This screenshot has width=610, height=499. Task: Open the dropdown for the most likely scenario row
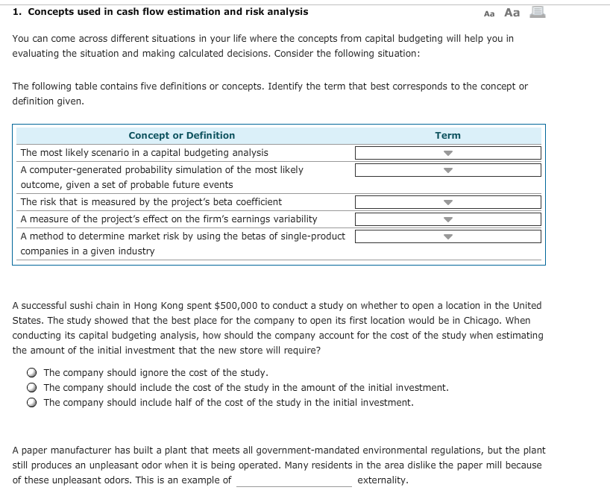point(447,153)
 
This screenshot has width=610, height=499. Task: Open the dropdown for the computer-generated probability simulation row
point(447,170)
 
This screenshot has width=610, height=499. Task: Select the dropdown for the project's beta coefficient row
point(447,202)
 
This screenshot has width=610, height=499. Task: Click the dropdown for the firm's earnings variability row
point(447,219)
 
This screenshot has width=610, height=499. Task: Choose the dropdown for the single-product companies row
point(447,236)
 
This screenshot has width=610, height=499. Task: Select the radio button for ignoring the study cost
point(32,373)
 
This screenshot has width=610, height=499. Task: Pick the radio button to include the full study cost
point(32,388)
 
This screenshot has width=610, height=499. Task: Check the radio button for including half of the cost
point(32,403)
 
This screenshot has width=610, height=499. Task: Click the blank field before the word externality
point(294,480)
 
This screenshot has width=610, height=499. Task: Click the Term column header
point(447,136)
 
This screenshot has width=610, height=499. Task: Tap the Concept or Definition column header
point(181,136)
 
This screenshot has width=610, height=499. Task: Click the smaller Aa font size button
point(489,13)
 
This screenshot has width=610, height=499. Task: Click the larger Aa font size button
point(512,12)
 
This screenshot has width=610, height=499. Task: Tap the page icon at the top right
point(534,12)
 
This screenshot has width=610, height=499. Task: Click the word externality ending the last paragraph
point(383,480)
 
